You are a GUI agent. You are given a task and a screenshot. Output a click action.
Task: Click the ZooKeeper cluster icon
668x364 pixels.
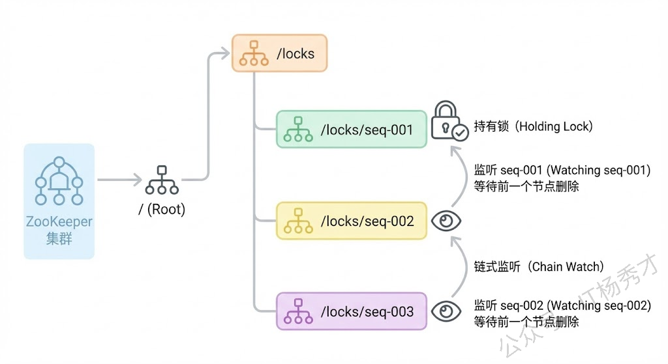click(x=59, y=182)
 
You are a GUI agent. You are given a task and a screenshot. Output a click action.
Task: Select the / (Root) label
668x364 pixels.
click(x=162, y=210)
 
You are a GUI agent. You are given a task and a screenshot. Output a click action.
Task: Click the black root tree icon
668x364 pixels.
click(x=162, y=180)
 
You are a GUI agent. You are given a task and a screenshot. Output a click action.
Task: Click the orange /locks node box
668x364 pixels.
click(x=279, y=53)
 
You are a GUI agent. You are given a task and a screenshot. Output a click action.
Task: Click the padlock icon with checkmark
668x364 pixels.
click(x=449, y=120)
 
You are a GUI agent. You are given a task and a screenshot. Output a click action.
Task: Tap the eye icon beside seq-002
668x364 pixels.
click(x=447, y=221)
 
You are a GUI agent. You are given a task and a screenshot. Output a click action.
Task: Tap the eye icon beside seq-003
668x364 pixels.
click(x=447, y=311)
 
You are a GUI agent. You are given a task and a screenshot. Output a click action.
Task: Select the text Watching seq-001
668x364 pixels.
click(x=599, y=171)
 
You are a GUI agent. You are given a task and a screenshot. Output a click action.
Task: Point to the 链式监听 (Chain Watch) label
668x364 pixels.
click(x=539, y=266)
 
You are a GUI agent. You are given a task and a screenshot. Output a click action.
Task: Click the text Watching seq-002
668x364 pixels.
click(x=599, y=305)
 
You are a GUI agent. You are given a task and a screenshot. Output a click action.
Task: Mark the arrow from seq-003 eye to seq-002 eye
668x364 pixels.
click(x=462, y=267)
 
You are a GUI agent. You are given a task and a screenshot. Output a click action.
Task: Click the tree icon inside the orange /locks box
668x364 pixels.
click(x=253, y=53)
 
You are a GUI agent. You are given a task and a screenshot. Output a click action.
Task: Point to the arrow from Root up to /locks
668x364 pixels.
click(x=209, y=117)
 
